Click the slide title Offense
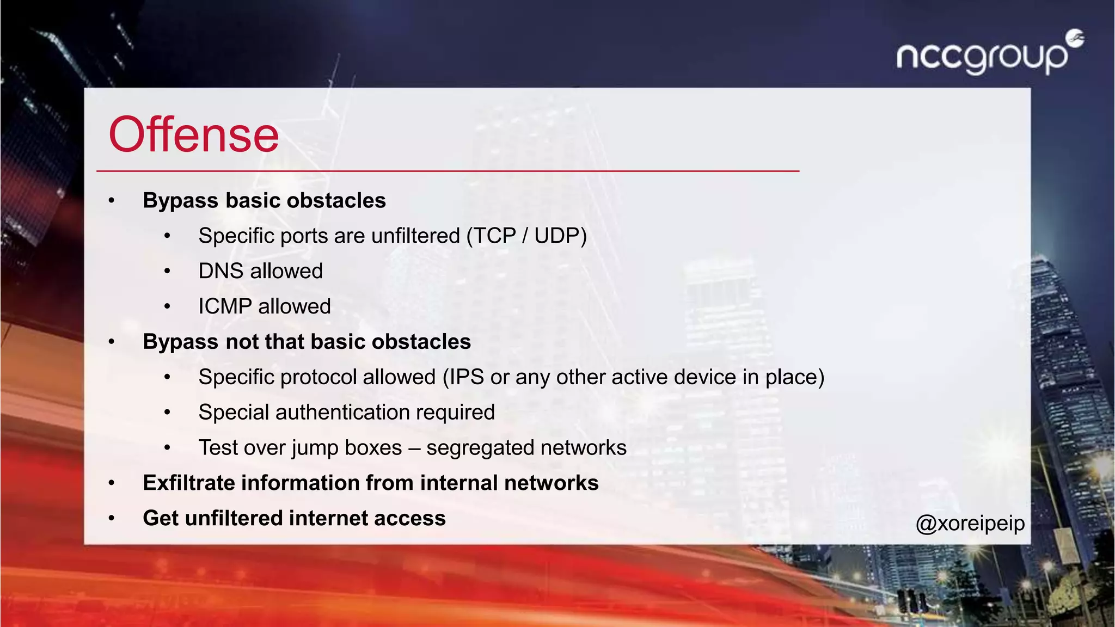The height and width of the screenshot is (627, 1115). (x=194, y=135)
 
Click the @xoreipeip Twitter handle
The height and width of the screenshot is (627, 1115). (x=970, y=523)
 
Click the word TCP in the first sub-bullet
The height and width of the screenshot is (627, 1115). (x=494, y=236)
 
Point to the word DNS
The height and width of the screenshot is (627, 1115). (x=220, y=271)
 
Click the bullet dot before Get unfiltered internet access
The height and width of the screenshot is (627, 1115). (x=112, y=519)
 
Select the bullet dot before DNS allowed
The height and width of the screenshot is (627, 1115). (x=168, y=271)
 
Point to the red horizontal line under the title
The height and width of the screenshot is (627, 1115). (x=448, y=171)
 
